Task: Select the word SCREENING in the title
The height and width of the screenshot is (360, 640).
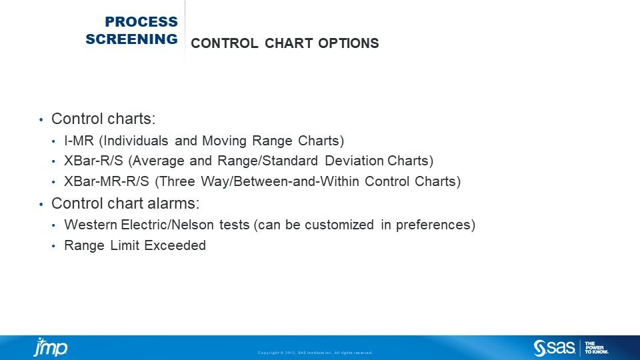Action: point(131,39)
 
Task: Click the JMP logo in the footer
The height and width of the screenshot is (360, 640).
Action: point(50,347)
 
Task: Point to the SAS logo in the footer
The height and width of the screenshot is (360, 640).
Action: point(554,347)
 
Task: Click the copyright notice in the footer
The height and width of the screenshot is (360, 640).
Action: point(315,353)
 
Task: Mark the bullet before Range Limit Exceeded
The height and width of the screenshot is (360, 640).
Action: point(54,246)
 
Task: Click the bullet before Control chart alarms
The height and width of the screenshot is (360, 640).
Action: point(41,204)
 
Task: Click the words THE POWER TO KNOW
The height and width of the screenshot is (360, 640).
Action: point(597,347)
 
